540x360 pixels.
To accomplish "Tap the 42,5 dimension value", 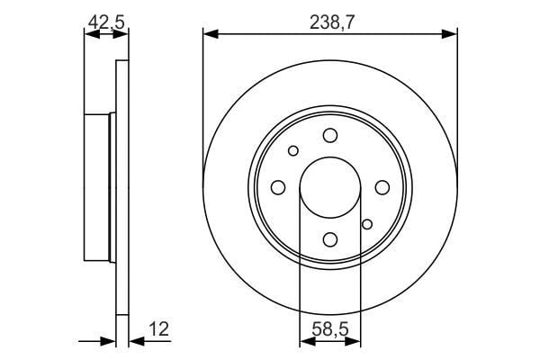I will pyautogui.click(x=106, y=19).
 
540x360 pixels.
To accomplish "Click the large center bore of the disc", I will pyautogui.click(x=329, y=187).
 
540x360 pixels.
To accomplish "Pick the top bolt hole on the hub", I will pyautogui.click(x=329, y=135).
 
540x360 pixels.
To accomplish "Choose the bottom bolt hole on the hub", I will pyautogui.click(x=329, y=238).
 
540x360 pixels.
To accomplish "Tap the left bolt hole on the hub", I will pyautogui.click(x=278, y=187).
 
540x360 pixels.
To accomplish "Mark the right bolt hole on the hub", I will pyautogui.click(x=382, y=187).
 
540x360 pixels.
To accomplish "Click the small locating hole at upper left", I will pyautogui.click(x=293, y=150).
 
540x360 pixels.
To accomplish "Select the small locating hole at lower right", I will pyautogui.click(x=366, y=223).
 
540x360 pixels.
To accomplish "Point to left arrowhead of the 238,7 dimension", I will pyautogui.click(x=209, y=34).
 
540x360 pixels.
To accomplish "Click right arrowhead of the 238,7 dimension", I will pyautogui.click(x=451, y=34).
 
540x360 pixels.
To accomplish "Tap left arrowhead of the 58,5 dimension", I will pyautogui.click(x=303, y=341).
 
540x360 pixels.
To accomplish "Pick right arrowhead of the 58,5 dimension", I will pyautogui.click(x=355, y=341).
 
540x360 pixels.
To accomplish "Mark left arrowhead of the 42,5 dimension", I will pyautogui.click(x=88, y=34).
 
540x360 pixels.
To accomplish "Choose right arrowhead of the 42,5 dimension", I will pyautogui.click(x=123, y=34).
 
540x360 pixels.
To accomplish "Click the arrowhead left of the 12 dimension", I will pyautogui.click(x=111, y=341).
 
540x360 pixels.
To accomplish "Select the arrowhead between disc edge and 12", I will pyautogui.click(x=134, y=341).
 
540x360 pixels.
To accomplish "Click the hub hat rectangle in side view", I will pyautogui.click(x=96, y=187).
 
